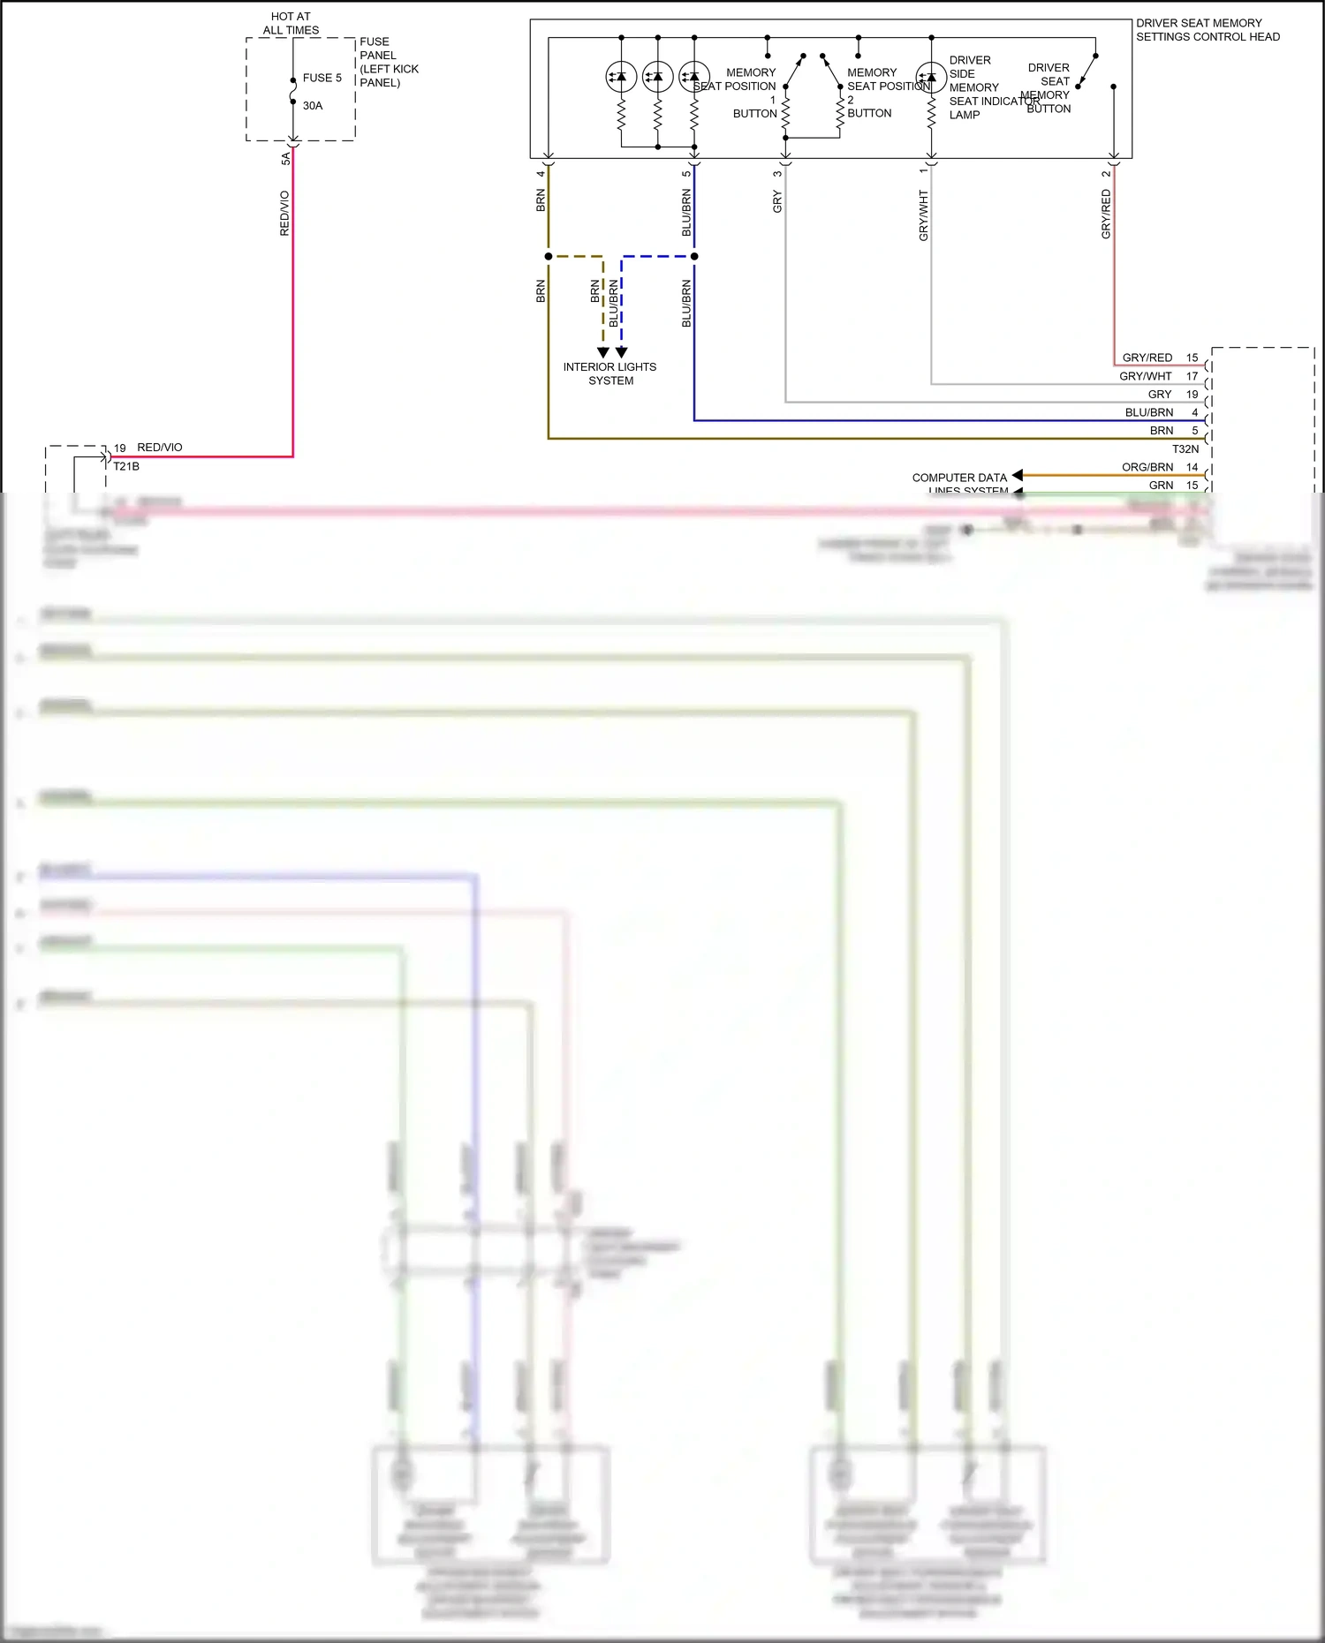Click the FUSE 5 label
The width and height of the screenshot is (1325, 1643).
[x=322, y=78]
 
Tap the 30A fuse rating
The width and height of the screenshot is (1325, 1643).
[x=313, y=106]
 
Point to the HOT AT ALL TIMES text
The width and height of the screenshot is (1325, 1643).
[x=291, y=23]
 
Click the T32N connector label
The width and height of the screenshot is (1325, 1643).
[x=1185, y=449]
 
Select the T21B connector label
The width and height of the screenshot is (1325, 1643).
[x=126, y=466]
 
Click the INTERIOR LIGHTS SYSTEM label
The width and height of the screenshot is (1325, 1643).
[x=610, y=373]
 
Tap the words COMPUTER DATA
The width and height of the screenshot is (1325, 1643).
[x=959, y=478]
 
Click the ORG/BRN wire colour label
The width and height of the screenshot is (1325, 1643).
[x=1147, y=467]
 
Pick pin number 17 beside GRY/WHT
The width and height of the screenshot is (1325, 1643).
[x=1192, y=376]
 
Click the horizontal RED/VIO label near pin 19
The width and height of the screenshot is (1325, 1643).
[x=160, y=448]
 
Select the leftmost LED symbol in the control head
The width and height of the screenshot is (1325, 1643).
[x=621, y=77]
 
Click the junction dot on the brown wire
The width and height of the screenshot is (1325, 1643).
[x=549, y=256]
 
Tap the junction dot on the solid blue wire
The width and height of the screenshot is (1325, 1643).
[x=694, y=256]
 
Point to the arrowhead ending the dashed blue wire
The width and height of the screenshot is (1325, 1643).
[x=622, y=352]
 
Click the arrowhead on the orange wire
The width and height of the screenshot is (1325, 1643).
[x=1018, y=475]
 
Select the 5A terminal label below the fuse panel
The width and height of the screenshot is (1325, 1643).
[x=285, y=159]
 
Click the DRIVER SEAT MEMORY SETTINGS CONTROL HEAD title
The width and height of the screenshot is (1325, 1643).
[x=1208, y=30]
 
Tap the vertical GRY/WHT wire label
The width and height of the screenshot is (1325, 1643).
[x=924, y=215]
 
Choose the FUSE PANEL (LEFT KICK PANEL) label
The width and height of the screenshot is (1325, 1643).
[x=389, y=62]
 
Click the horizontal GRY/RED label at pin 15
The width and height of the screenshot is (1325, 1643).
[x=1147, y=358]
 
